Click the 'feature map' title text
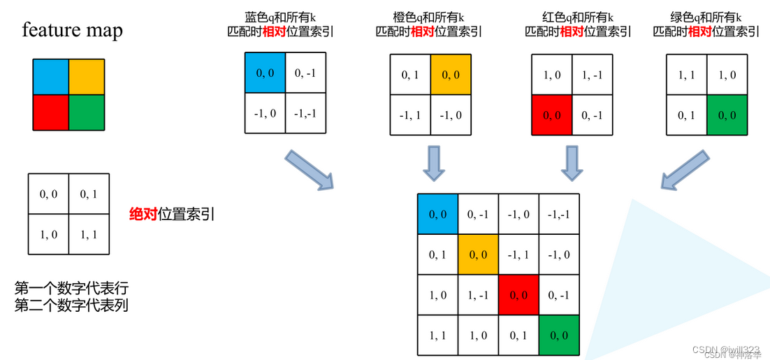(x=72, y=30)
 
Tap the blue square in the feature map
(x=50, y=77)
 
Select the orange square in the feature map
(x=86, y=77)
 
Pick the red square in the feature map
(x=50, y=112)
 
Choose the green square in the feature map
(x=86, y=112)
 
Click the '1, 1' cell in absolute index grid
(x=89, y=234)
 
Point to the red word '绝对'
(x=143, y=214)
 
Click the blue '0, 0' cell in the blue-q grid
(x=265, y=73)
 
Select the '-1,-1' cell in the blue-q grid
(x=305, y=113)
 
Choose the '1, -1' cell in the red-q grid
(x=593, y=73)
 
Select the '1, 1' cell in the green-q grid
(x=687, y=73)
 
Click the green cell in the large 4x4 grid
(x=560, y=336)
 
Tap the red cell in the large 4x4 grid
(x=518, y=295)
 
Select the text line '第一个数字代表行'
(x=71, y=288)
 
